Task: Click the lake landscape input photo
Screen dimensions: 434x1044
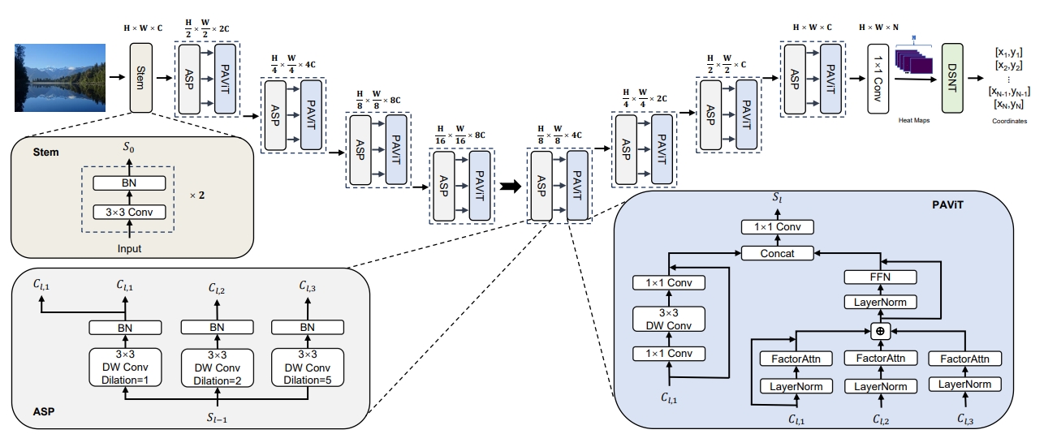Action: click(60, 78)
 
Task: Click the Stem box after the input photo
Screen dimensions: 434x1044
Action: click(141, 78)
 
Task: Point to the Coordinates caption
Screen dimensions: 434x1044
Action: click(1009, 121)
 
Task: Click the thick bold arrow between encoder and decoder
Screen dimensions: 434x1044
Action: click(510, 186)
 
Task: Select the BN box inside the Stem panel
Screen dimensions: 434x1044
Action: click(128, 183)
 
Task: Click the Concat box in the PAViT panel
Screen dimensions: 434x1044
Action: click(776, 254)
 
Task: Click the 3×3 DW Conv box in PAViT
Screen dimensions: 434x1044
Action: click(670, 318)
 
